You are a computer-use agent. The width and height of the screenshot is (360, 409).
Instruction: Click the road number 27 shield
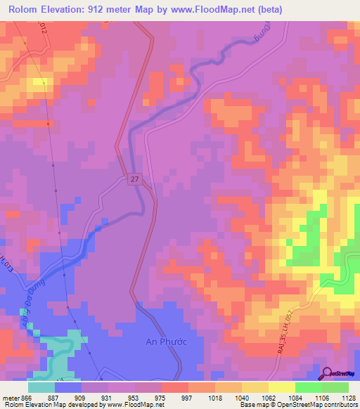click(x=134, y=180)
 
